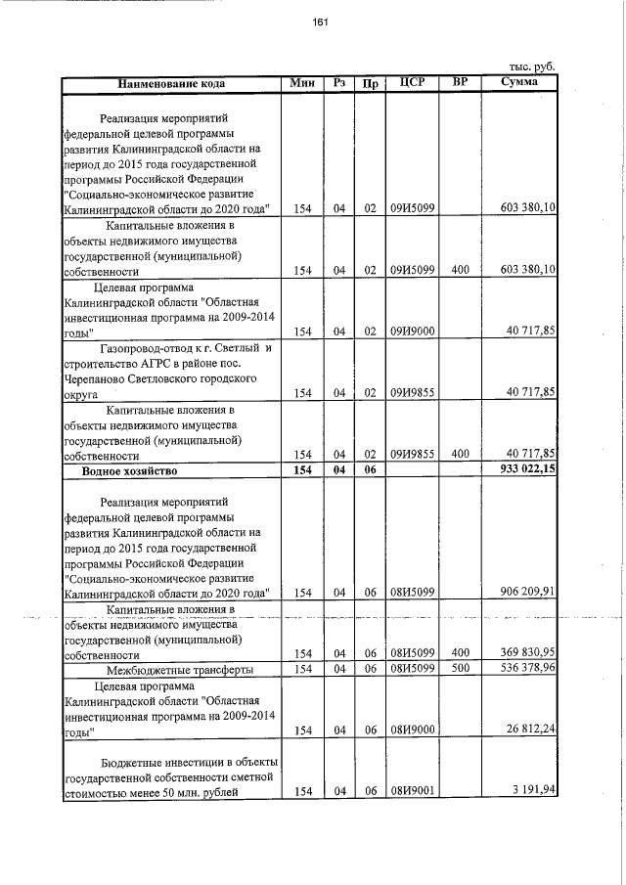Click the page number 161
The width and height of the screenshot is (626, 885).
coord(321,23)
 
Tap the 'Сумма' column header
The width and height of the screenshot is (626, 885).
coord(518,83)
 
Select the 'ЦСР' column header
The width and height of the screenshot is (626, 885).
coord(412,83)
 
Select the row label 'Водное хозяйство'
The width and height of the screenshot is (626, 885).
coord(128,471)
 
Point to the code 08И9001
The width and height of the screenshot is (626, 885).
coord(413,792)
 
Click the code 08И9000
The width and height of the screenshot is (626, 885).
coord(413,730)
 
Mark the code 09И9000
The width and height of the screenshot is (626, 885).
coord(413,332)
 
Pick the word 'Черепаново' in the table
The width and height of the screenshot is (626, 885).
coord(97,377)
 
